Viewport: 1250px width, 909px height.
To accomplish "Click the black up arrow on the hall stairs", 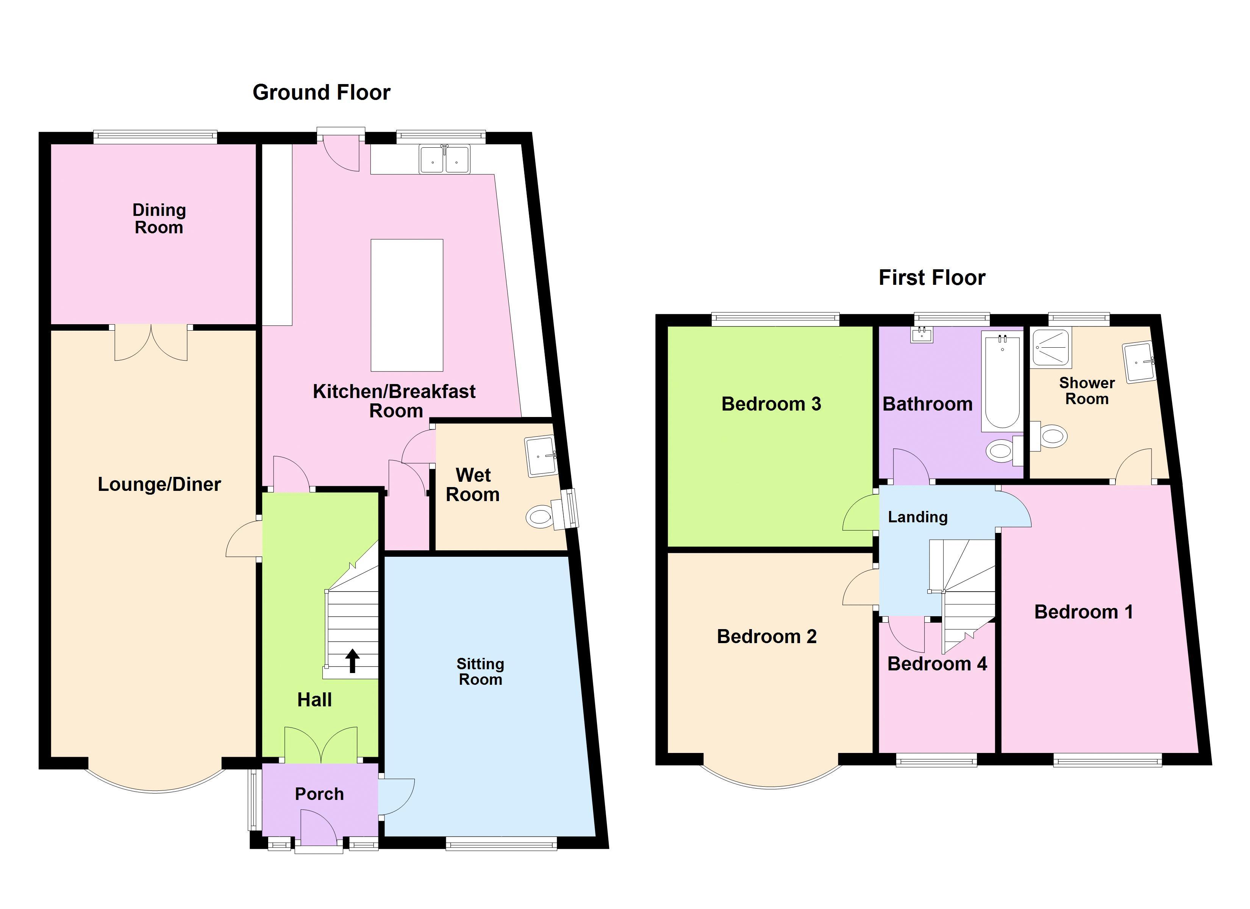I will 352,661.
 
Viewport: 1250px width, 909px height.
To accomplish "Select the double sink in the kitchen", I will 444,159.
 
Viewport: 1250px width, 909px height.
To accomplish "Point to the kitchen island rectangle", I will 407,305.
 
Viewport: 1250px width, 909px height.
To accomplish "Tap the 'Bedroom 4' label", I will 937,664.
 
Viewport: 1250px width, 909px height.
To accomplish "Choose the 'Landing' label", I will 918,517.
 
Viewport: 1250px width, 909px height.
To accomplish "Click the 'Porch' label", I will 319,794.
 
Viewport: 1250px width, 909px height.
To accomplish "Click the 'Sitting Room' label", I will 480,672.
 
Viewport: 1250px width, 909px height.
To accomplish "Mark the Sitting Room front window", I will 501,843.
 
